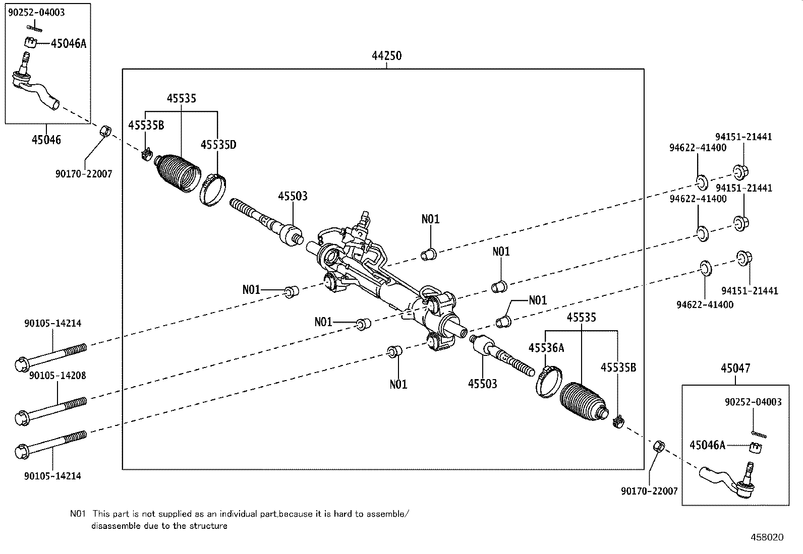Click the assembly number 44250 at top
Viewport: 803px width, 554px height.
coord(387,56)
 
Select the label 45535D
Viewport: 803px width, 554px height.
coord(218,145)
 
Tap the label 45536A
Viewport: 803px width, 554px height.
coord(546,348)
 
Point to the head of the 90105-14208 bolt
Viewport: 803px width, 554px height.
coord(23,417)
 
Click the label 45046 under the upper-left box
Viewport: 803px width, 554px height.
coord(46,140)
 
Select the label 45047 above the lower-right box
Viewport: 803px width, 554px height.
coord(735,368)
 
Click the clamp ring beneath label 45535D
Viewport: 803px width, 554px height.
coord(212,190)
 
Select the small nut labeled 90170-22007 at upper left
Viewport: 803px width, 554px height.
coord(104,131)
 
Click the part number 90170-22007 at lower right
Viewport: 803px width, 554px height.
coord(649,491)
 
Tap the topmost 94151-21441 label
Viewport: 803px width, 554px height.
coord(743,137)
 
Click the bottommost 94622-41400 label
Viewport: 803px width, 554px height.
coord(705,304)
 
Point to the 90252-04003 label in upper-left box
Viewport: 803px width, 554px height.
coord(36,13)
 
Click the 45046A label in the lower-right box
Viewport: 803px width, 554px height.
coord(707,445)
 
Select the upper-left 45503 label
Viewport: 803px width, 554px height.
coord(292,196)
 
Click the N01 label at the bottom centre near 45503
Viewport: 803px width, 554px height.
coord(398,384)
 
